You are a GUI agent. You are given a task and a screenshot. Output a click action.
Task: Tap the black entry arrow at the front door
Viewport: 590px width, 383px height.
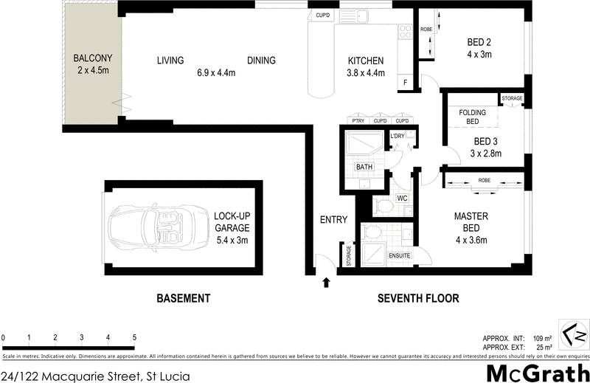(326, 281)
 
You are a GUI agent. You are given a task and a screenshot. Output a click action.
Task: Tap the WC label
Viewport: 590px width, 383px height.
(403, 199)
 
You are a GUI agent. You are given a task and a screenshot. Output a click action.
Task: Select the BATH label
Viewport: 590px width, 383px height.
(364, 167)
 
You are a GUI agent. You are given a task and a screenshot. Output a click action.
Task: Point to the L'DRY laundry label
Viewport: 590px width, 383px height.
(398, 137)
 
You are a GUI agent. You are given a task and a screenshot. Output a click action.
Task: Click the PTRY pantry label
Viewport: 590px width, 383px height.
(358, 121)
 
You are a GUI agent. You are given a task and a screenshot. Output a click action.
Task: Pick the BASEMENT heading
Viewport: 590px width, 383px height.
(184, 299)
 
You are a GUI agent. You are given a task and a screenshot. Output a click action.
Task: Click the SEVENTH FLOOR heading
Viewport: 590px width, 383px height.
(418, 299)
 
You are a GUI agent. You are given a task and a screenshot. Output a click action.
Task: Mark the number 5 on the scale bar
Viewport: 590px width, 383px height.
(134, 337)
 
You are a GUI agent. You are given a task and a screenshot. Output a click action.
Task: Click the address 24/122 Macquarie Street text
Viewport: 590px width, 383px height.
(96, 376)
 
